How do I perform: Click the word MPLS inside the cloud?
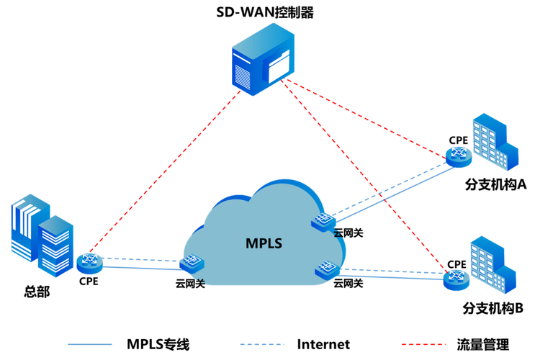pos(262,243)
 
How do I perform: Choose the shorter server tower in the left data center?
pos(56,244)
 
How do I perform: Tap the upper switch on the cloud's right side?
pos(323,222)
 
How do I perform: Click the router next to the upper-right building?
pos(457,155)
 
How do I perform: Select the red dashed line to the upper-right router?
pos(367,119)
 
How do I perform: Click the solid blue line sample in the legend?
pos(89,344)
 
